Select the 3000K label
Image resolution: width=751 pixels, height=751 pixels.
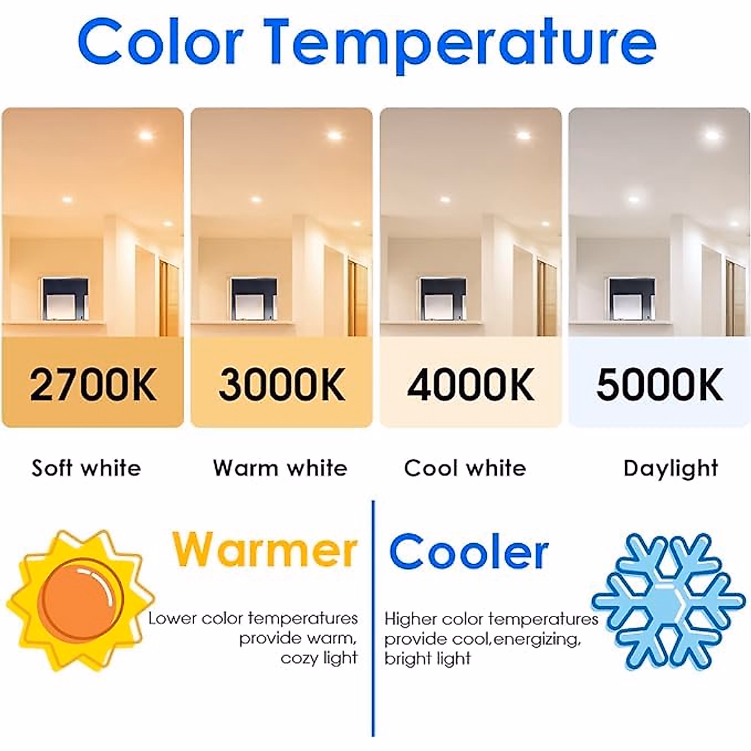pos(282,384)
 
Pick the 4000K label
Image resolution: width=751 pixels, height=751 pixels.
pos(471,384)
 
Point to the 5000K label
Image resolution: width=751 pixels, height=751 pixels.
pos(659,384)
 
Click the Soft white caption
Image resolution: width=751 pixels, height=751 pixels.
pos(86,468)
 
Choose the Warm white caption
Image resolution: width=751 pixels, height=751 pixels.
pos(280,468)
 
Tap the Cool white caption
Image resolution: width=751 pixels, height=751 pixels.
pos(465,468)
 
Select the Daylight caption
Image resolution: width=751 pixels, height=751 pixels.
pos(671,469)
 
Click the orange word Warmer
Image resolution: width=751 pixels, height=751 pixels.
pos(264,549)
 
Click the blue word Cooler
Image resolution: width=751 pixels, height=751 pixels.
pos(469,551)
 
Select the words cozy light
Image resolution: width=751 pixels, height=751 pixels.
pos(319,658)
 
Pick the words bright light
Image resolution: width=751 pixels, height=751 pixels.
pos(427,658)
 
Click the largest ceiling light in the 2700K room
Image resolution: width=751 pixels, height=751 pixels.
pos(147,134)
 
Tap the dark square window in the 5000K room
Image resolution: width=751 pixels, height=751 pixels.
pos(632,298)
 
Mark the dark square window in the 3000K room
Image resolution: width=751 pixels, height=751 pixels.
pos(254,298)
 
